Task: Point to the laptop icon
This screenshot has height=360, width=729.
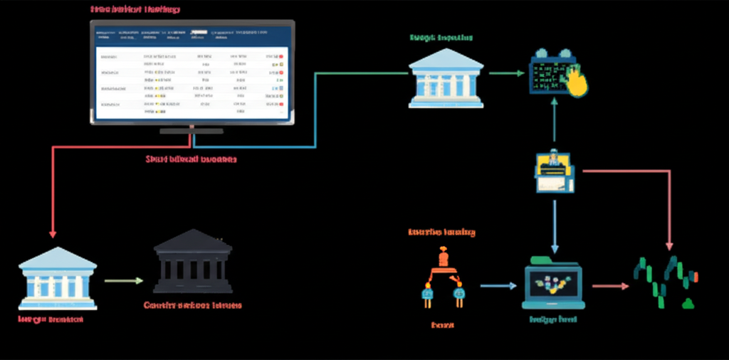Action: pyautogui.click(x=553, y=285)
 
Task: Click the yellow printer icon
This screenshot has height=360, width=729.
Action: pyautogui.click(x=554, y=171)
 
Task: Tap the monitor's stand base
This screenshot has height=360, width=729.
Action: pyautogui.click(x=192, y=131)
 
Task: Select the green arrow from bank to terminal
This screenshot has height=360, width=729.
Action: pyautogui.click(x=506, y=73)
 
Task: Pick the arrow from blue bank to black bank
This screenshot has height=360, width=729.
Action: pyautogui.click(x=124, y=280)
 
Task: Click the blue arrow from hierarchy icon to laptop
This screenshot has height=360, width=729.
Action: pyautogui.click(x=498, y=286)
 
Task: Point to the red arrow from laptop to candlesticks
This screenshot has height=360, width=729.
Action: pyautogui.click(x=610, y=286)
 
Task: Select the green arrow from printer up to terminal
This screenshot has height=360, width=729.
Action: pyautogui.click(x=554, y=125)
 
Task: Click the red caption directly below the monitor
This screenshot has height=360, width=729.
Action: pyautogui.click(x=191, y=159)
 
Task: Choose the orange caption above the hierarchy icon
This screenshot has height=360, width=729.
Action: pyautogui.click(x=441, y=232)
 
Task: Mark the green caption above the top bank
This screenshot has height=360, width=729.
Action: pyautogui.click(x=441, y=37)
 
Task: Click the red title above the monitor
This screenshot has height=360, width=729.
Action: pyautogui.click(x=135, y=10)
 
